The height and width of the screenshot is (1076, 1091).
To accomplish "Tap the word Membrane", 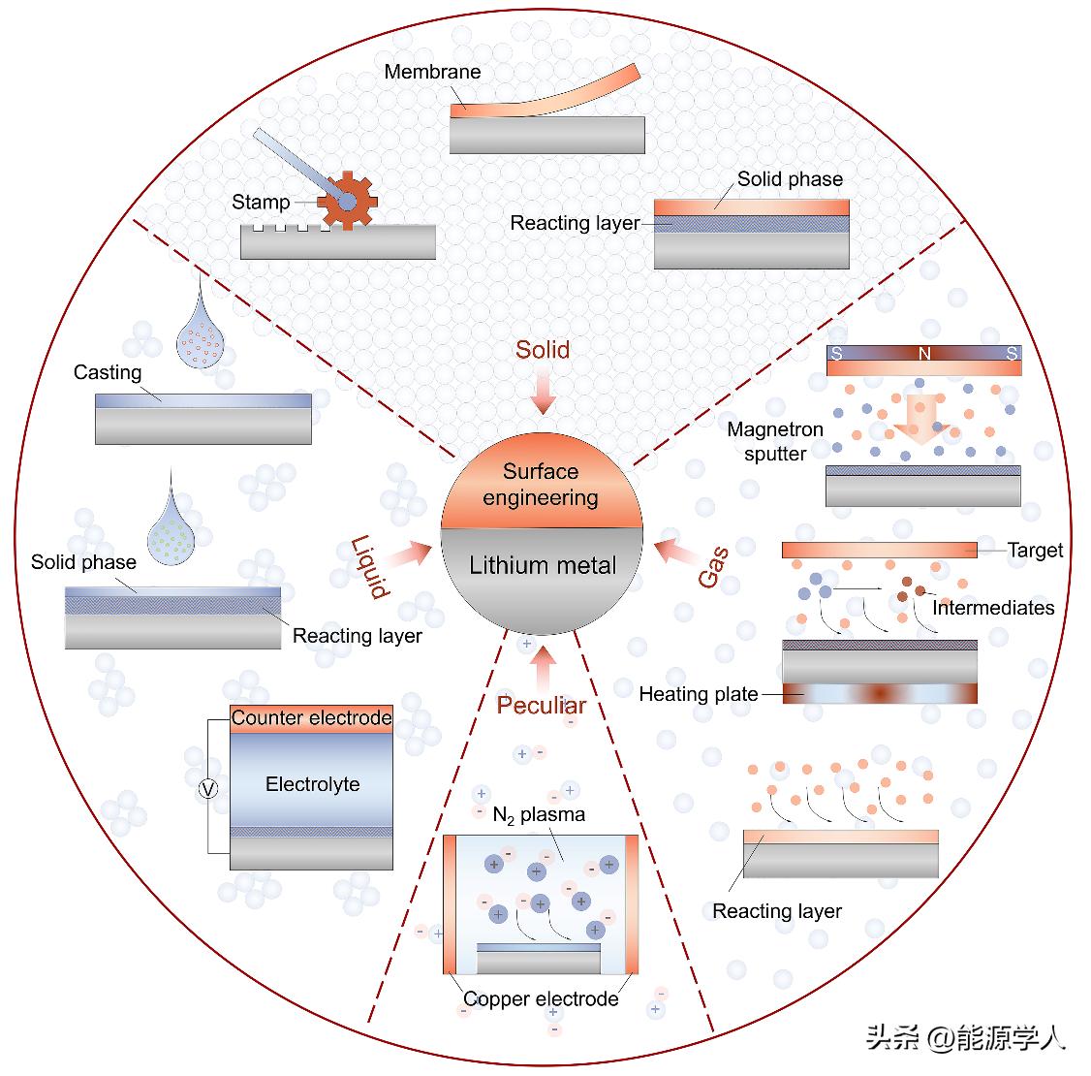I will pyautogui.click(x=432, y=72).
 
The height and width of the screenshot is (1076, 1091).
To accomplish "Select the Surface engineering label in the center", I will pyautogui.click(x=541, y=485).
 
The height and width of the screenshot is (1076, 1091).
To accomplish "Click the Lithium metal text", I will pyautogui.click(x=543, y=565).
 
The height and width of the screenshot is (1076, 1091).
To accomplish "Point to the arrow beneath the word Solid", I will pyautogui.click(x=543, y=394).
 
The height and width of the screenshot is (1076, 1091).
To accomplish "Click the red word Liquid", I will pyautogui.click(x=369, y=566).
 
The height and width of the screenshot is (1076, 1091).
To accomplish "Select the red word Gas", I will pyautogui.click(x=713, y=566).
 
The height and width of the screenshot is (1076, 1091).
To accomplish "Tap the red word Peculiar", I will pyautogui.click(x=542, y=705).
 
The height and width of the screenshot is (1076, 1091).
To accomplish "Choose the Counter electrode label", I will pyautogui.click(x=311, y=718).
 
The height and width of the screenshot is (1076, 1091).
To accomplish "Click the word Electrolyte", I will pyautogui.click(x=312, y=784).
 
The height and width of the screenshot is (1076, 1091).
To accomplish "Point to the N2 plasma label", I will pyautogui.click(x=539, y=814).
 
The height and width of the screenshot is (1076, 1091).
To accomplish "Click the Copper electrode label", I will pyautogui.click(x=541, y=998).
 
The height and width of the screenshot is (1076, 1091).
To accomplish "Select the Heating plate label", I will pyautogui.click(x=698, y=694).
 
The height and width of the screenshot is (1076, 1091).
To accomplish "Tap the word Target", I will pyautogui.click(x=1035, y=551).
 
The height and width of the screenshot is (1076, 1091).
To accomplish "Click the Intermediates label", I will pyautogui.click(x=992, y=608).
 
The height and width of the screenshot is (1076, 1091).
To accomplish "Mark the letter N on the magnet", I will pyautogui.click(x=924, y=355).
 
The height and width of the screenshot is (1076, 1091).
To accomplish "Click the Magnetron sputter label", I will pyautogui.click(x=775, y=441).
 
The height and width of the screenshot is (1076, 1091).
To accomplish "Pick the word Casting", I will pyautogui.click(x=108, y=372).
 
